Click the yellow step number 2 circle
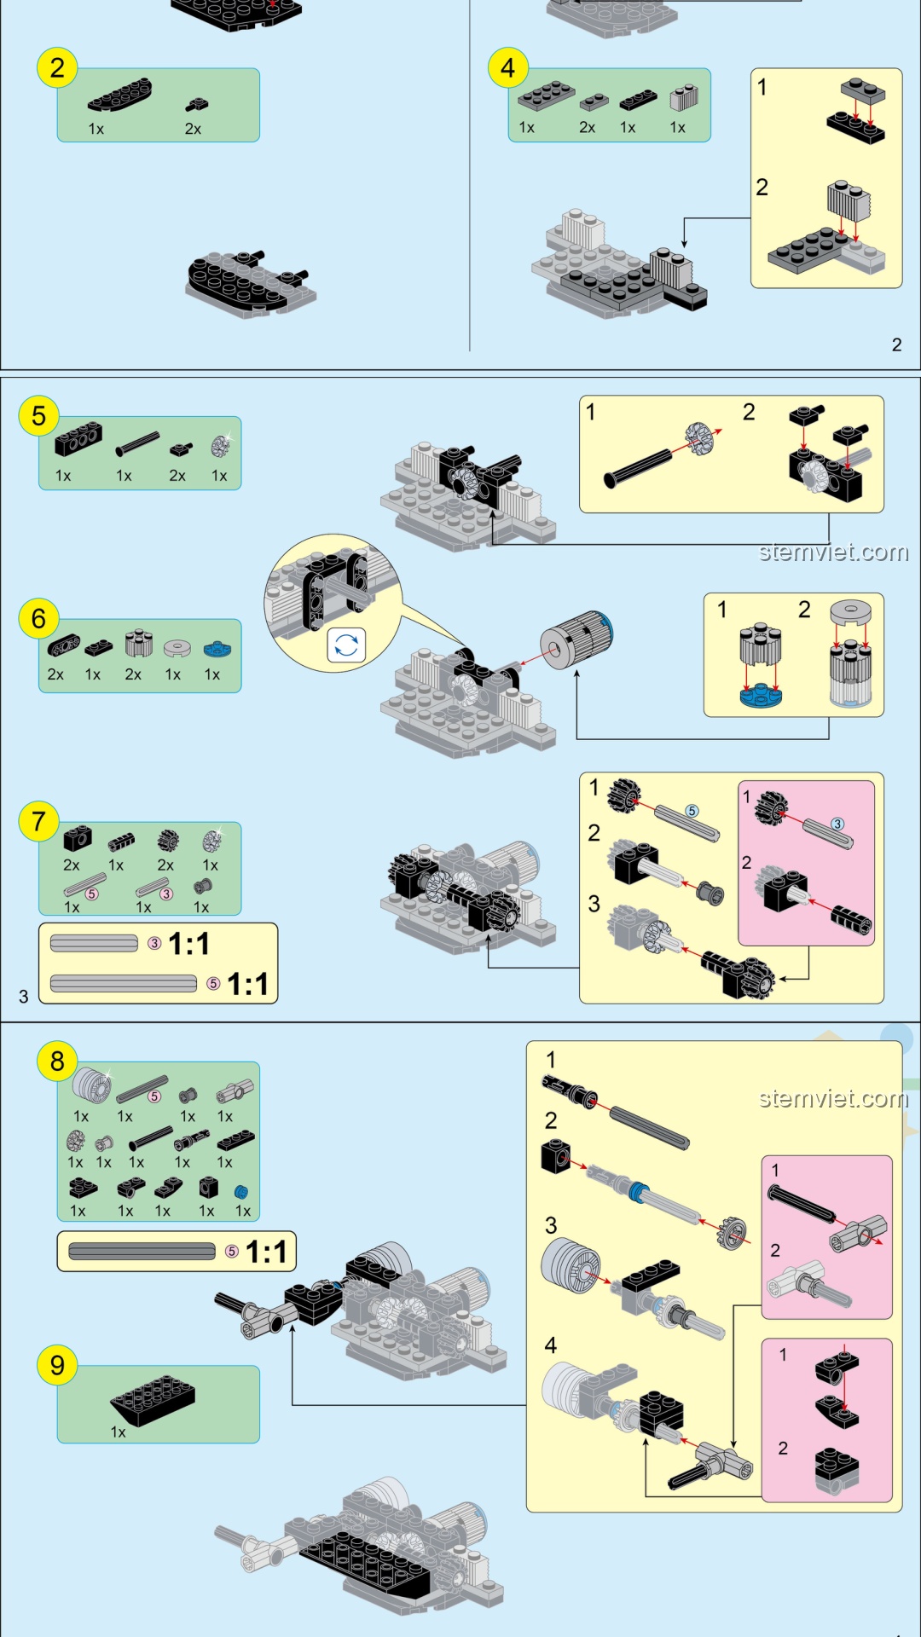tap(57, 67)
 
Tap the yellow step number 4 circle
tap(508, 67)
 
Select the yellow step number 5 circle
tap(38, 416)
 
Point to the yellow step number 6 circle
tap(38, 618)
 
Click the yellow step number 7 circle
tap(38, 821)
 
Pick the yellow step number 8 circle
tap(57, 1061)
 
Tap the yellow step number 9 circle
tap(57, 1365)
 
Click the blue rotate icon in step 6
tap(346, 645)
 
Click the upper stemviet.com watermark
tap(833, 552)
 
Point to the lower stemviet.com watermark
tap(833, 1098)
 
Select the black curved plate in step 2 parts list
tap(119, 95)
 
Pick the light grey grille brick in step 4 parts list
tap(683, 98)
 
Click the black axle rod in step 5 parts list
tap(137, 444)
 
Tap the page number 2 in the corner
tap(896, 344)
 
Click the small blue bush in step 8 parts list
tap(241, 1191)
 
